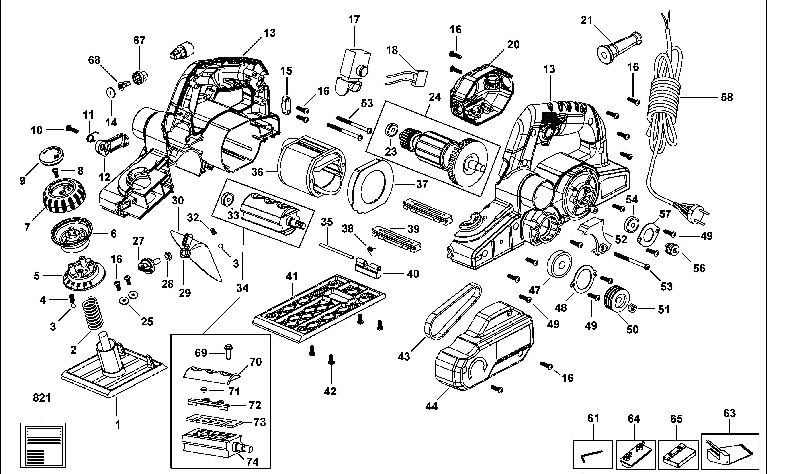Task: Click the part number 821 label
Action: coord(42,398)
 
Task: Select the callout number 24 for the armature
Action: coord(435,97)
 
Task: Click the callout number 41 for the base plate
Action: coord(291,276)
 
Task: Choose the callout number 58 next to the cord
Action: coord(727,97)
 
